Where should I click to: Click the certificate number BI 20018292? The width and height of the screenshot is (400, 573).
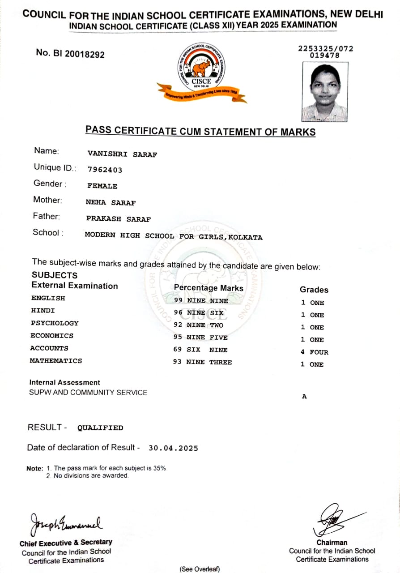[70, 54]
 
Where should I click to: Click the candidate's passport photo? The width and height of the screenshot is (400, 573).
[325, 91]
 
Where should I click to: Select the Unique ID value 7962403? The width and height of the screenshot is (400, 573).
[105, 170]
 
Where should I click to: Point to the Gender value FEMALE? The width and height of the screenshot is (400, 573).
[102, 186]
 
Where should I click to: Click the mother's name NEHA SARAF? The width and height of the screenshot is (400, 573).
[111, 203]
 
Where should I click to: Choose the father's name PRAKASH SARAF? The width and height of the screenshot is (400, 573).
[119, 219]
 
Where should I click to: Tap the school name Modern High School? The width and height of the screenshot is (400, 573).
[174, 237]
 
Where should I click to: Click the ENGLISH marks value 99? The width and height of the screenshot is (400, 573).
[178, 301]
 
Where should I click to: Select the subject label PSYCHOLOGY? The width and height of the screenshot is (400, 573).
[55, 323]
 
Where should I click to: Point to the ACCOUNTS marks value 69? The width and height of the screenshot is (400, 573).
[178, 350]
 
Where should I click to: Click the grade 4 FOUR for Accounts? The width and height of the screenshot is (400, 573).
[315, 352]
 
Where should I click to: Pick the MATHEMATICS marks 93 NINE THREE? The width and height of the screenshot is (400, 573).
[202, 362]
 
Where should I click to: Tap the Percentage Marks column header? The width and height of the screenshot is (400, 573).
[209, 288]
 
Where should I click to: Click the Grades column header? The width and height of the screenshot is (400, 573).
[314, 290]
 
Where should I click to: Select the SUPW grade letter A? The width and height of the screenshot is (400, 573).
[304, 397]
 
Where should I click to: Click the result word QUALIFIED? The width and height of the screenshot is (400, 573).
[100, 428]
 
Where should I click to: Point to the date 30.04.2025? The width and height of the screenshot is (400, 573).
[173, 448]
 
